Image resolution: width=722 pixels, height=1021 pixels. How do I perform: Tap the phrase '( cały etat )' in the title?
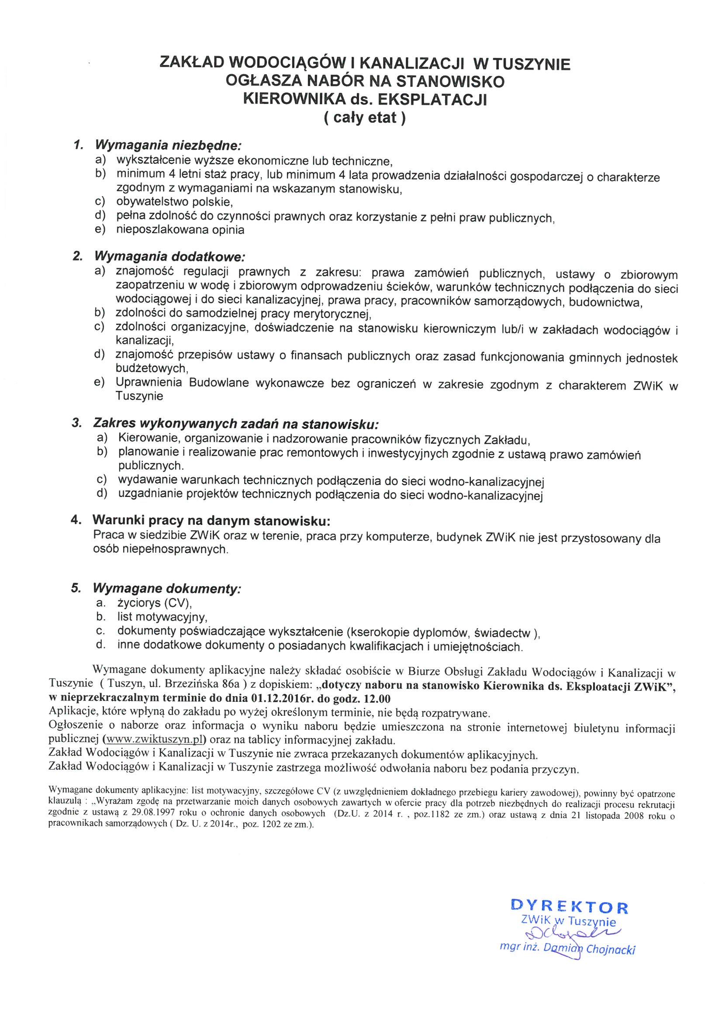click(364, 117)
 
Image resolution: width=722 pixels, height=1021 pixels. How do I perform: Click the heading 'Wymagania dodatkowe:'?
click(169, 257)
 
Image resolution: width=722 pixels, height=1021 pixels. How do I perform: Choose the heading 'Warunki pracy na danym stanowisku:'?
click(211, 520)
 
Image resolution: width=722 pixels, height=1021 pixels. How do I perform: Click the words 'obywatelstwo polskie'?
click(174, 202)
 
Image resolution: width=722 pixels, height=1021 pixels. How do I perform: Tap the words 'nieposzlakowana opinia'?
click(180, 230)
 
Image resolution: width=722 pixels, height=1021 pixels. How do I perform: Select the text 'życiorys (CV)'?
click(154, 603)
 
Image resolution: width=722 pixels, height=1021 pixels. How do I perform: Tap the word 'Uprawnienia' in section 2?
click(149, 383)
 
